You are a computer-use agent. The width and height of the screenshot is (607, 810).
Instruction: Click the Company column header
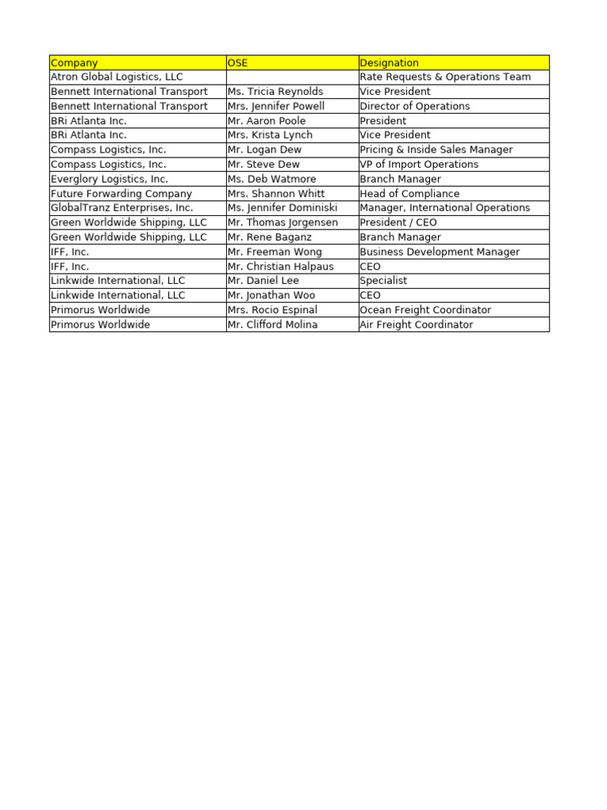tap(74, 62)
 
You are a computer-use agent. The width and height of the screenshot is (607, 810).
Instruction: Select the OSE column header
tap(238, 62)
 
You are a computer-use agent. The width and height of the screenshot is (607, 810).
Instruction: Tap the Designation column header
tap(389, 62)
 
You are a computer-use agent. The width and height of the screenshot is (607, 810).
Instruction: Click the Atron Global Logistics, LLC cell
tap(117, 77)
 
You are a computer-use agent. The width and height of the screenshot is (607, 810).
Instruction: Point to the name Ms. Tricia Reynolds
tap(275, 92)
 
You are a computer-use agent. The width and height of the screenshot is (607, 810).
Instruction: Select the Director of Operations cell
tap(414, 106)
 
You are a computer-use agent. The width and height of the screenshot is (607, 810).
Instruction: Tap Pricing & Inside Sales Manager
tap(435, 150)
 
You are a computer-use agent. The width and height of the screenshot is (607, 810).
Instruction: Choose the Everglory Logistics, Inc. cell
tap(110, 179)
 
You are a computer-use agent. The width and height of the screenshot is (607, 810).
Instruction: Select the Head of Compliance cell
tap(409, 194)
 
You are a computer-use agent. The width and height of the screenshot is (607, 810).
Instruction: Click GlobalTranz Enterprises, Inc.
tap(122, 208)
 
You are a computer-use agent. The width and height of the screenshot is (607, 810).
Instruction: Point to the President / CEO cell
tap(398, 222)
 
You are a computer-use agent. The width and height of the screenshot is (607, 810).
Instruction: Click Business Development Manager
tap(439, 252)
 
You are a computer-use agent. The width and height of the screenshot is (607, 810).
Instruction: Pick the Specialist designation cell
tap(383, 281)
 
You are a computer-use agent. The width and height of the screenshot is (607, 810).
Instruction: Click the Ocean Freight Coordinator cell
tap(425, 310)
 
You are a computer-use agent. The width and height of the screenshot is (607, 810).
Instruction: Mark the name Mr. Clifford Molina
tap(273, 324)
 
